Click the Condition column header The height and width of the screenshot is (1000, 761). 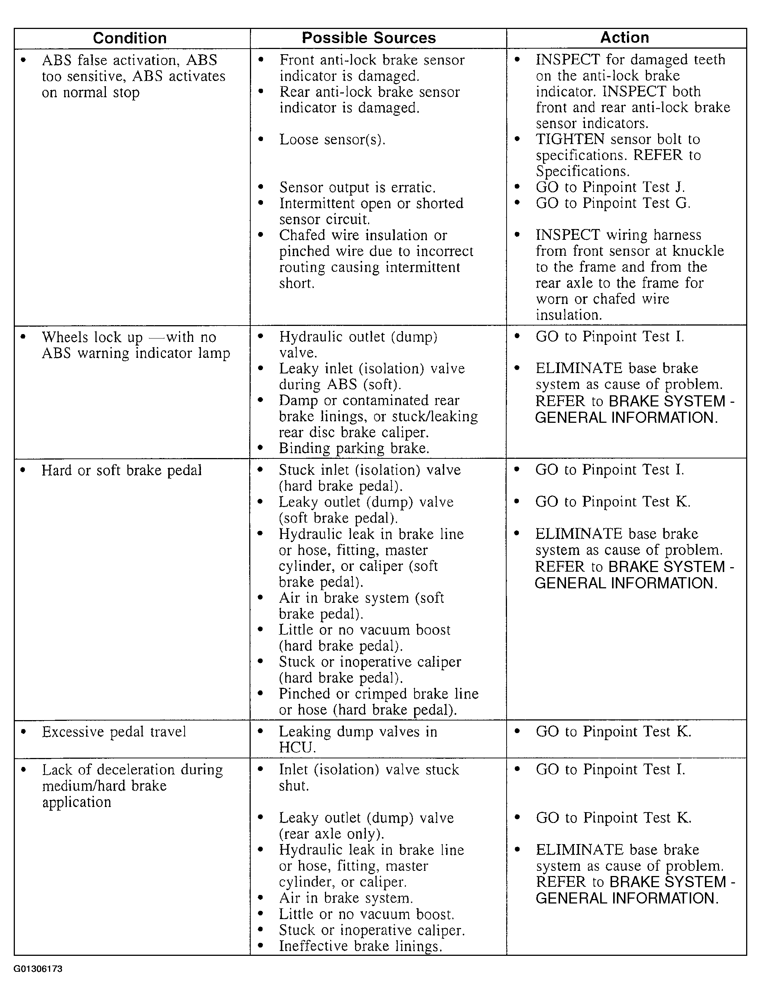(130, 38)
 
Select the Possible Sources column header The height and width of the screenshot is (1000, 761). (369, 38)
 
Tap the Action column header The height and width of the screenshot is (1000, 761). (624, 37)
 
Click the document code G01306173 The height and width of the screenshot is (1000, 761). (38, 969)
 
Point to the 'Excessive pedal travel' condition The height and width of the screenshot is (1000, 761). (114, 732)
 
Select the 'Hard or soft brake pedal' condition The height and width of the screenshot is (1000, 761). (121, 470)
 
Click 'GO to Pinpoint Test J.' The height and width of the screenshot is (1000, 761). (610, 187)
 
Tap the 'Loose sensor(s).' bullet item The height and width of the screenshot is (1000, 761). (332, 140)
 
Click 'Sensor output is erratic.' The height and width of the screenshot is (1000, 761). (357, 187)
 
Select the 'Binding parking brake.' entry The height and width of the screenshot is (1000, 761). (354, 448)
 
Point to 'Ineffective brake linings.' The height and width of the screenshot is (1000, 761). (360, 946)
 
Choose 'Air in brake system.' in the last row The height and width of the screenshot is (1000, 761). (346, 898)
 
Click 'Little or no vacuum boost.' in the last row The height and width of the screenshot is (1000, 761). (366, 914)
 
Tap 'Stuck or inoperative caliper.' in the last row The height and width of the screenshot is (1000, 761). (372, 930)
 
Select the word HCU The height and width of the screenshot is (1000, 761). (297, 747)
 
